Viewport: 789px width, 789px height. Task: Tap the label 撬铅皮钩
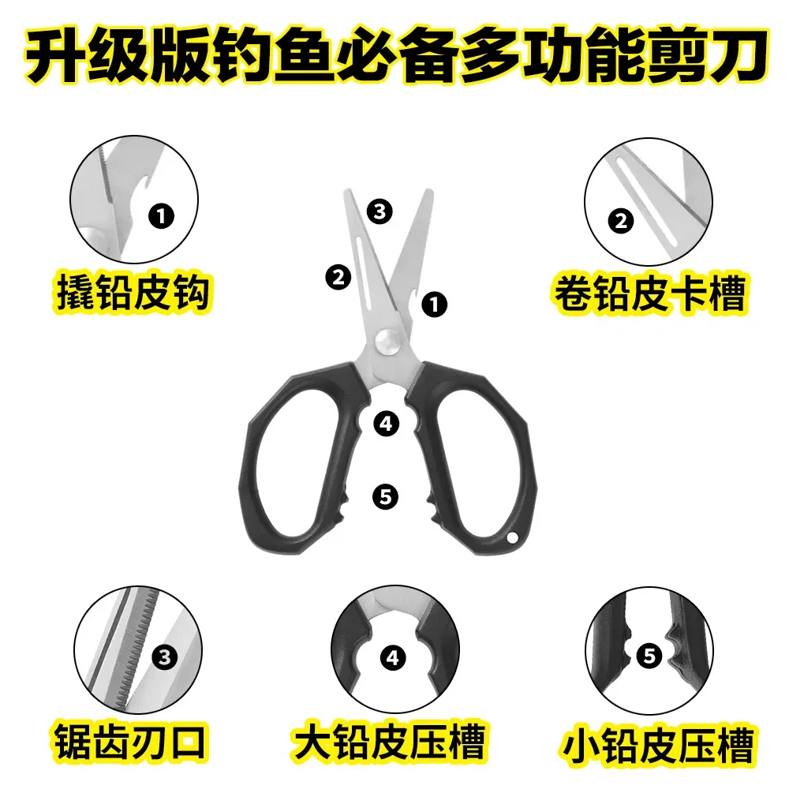[132, 292]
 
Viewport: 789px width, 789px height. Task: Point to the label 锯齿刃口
[132, 742]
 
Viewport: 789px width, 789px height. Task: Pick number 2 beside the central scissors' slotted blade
[338, 277]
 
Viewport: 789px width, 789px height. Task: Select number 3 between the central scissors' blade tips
[380, 211]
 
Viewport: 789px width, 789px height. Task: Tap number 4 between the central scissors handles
[385, 424]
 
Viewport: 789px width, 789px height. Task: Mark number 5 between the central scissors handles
[385, 496]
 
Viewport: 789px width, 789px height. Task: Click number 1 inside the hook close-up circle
[161, 214]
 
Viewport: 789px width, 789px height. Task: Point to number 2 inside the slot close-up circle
[621, 221]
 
